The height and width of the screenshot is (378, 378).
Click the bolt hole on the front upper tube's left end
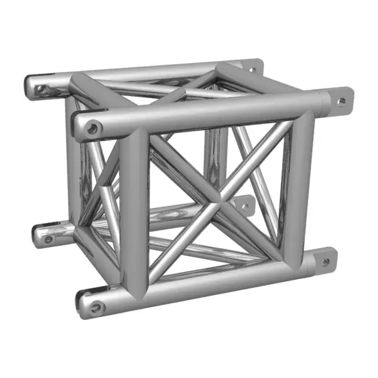93,128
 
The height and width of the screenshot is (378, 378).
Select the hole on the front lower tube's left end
96,308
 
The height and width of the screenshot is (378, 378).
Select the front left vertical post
134,208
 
